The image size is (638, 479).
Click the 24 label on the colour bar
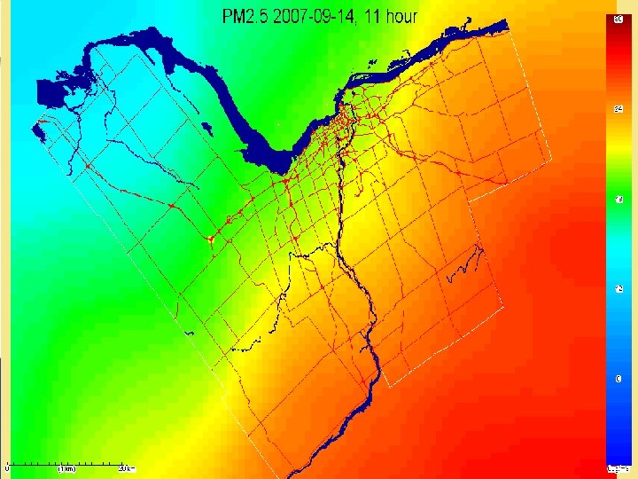coord(618,108)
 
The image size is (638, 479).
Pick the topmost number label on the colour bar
coord(618,18)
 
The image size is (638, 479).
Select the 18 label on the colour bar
coord(618,199)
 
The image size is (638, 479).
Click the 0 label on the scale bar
coord(8,468)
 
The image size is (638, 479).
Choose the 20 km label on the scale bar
coord(127,468)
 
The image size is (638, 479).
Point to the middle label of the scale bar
coord(66,468)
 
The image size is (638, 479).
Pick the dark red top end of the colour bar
coord(618,27)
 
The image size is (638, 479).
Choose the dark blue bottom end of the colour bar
coord(618,448)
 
